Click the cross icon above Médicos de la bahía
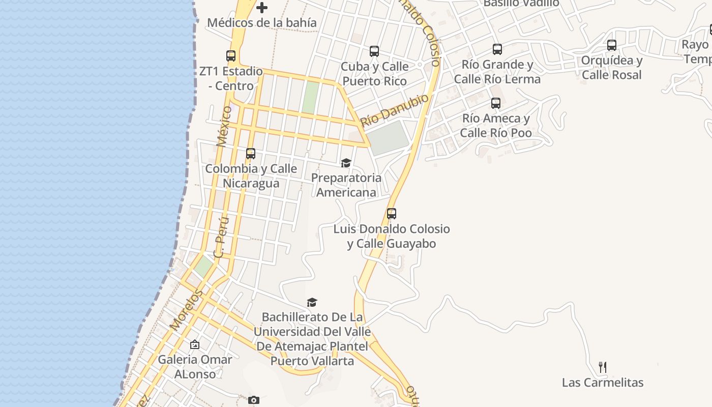[262, 8]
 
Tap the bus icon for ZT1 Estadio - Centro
[231, 56]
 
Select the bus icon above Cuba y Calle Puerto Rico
[374, 51]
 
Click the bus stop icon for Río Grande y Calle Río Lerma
[497, 49]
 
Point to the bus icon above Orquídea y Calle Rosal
[612, 45]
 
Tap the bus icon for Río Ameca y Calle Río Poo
[496, 103]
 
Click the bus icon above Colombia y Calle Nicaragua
[251, 154]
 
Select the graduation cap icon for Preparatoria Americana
[346, 163]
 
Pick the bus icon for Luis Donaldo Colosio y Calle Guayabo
[392, 214]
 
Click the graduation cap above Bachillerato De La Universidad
[312, 302]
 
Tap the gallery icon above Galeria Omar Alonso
[194, 345]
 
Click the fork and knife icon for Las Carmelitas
[603, 367]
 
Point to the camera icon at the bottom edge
[254, 400]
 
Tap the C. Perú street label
[222, 237]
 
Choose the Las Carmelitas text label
[603, 383]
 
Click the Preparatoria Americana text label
[346, 185]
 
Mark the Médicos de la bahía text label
[262, 23]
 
